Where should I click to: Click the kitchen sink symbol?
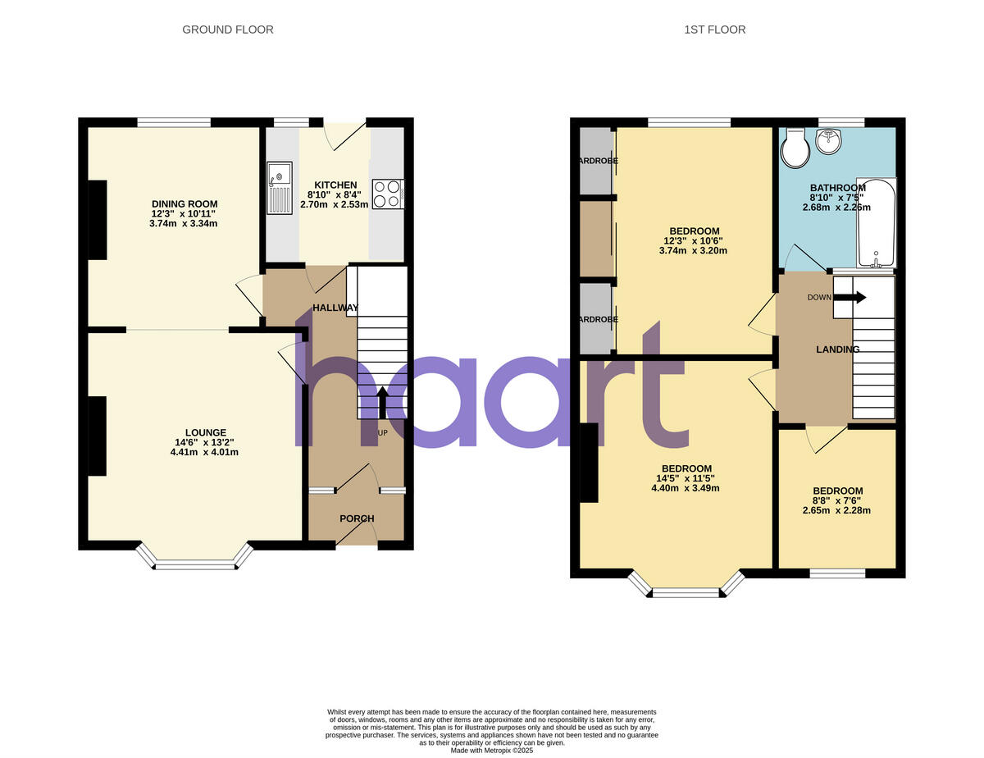tap(279, 189)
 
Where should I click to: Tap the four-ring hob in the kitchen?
tap(389, 194)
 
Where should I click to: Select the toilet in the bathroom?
tap(794, 147)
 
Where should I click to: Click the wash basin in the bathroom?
tap(828, 140)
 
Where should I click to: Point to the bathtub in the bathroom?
tap(877, 222)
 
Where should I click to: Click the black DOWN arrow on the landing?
tap(849, 298)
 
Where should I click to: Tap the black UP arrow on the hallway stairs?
tap(382, 401)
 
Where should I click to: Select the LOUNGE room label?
tap(205, 432)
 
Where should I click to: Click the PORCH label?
tap(357, 518)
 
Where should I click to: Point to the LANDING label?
tap(837, 349)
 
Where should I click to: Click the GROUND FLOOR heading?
tap(228, 30)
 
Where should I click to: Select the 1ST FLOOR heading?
tap(715, 30)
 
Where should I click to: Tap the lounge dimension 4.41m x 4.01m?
tap(205, 452)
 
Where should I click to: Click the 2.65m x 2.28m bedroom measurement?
tap(836, 510)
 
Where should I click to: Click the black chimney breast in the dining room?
tap(98, 220)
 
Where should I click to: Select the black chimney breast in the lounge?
tap(98, 436)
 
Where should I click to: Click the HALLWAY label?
tap(335, 308)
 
